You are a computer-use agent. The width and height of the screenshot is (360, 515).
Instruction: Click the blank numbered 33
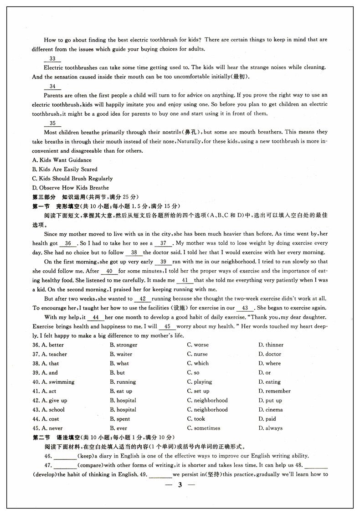[x=52, y=59]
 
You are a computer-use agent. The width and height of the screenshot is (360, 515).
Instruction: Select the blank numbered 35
[x=52, y=124]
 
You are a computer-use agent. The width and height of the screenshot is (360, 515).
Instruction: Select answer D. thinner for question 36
[x=271, y=345]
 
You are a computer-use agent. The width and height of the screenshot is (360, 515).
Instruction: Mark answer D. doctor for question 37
[x=270, y=354]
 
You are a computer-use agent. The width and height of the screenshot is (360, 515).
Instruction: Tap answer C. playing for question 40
[x=199, y=382]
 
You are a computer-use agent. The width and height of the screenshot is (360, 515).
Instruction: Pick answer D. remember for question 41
[x=274, y=391]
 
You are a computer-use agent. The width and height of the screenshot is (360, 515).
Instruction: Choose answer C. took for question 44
[x=196, y=419]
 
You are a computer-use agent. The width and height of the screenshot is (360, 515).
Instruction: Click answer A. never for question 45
[x=52, y=428]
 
